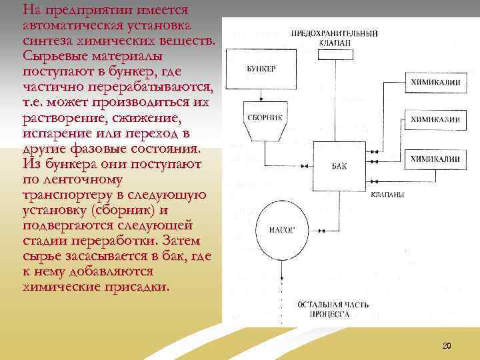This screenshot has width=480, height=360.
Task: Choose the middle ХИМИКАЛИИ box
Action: (434, 120)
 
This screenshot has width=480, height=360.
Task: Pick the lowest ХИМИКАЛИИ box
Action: (434, 159)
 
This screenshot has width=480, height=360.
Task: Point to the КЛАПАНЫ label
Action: (387, 195)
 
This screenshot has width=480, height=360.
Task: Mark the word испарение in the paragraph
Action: (57, 133)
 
